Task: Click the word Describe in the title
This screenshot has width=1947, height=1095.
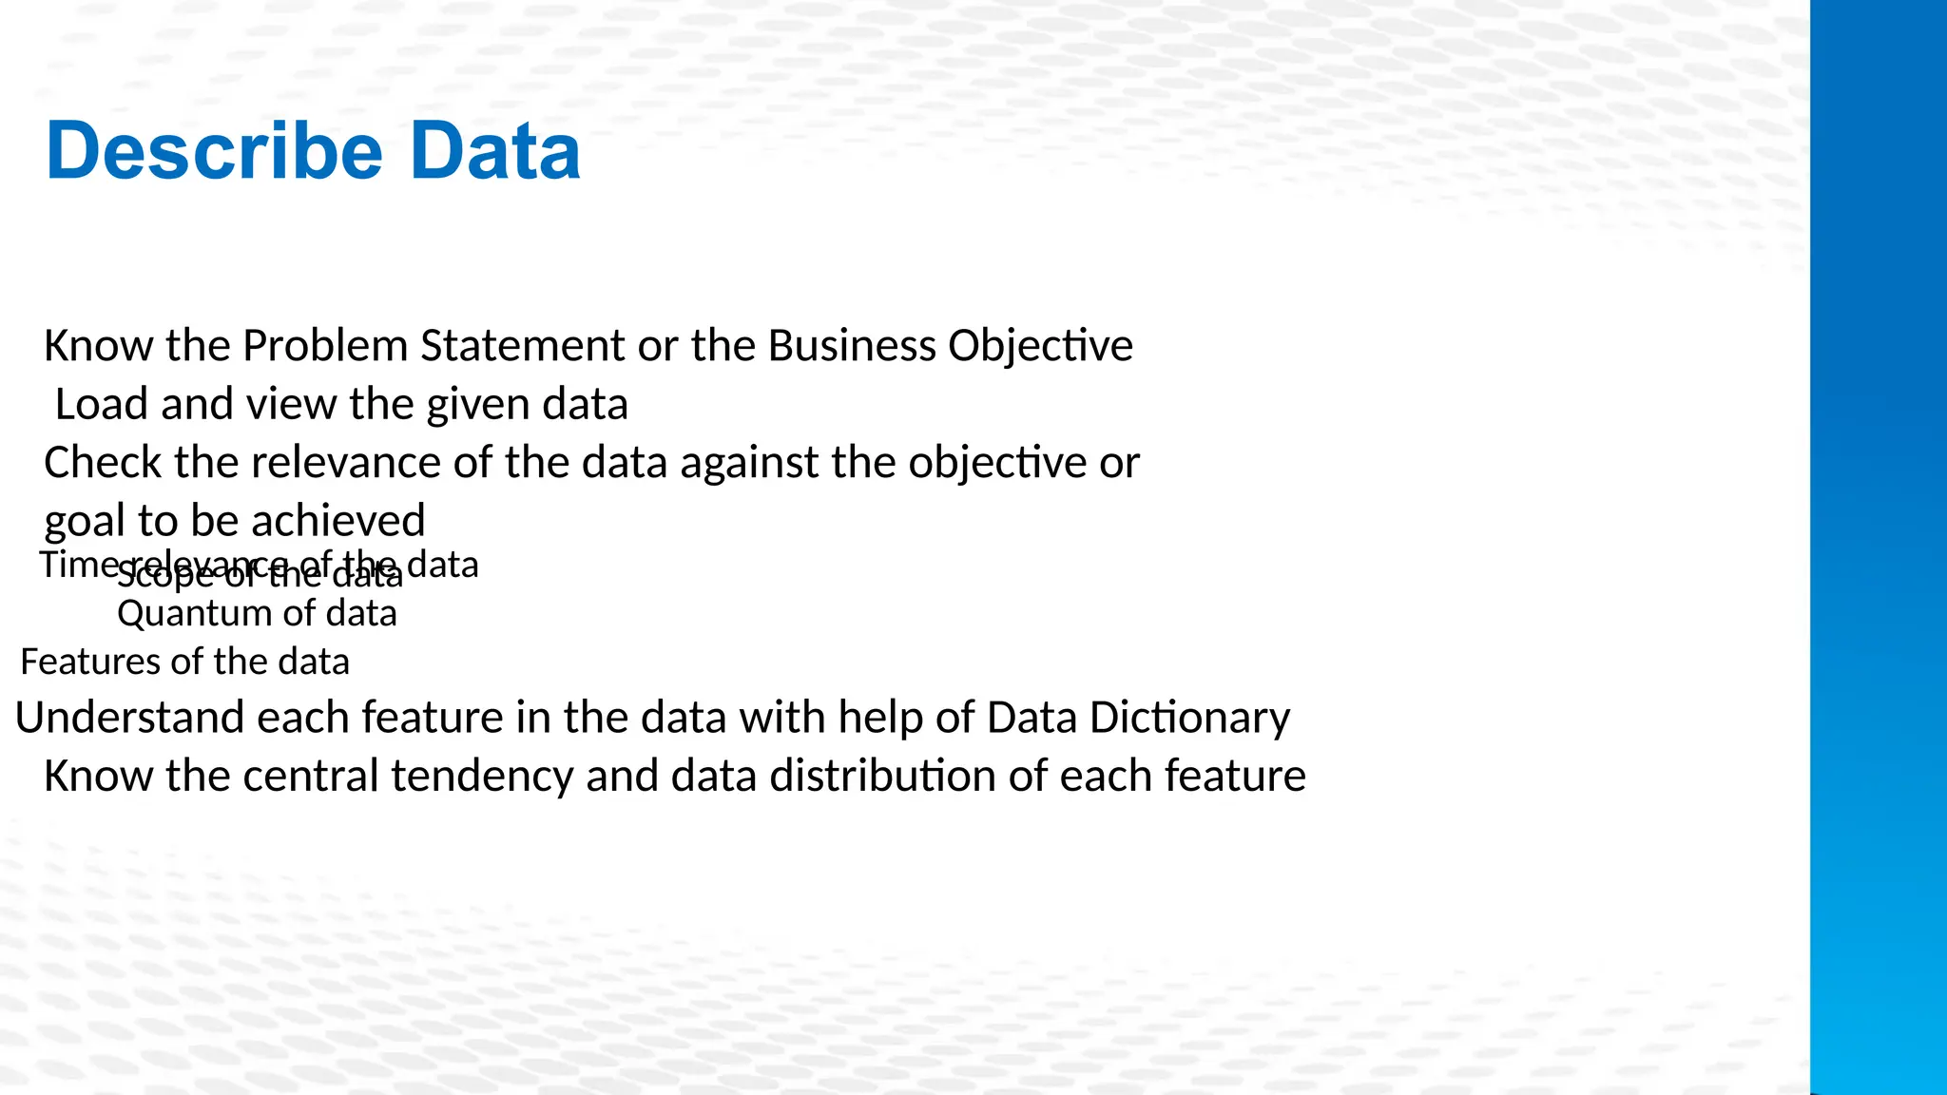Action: (x=214, y=152)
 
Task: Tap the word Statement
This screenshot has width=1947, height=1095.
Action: (x=522, y=346)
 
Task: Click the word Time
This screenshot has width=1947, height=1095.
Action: (x=76, y=565)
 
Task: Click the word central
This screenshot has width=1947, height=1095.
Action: (x=311, y=777)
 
